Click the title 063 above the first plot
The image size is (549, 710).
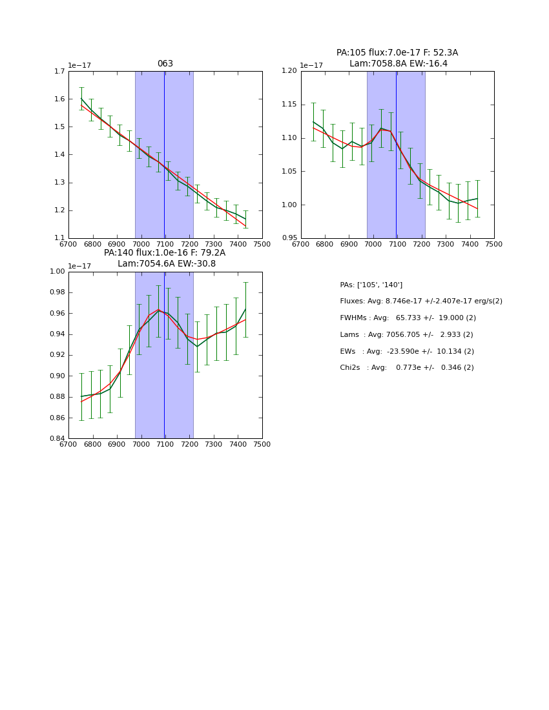[x=165, y=64]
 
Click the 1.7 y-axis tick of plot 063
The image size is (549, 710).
[x=59, y=71]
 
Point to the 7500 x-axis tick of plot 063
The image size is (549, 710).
[x=262, y=244]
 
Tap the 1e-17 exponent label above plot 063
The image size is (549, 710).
[x=79, y=65]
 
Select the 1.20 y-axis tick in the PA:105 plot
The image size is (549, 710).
[x=289, y=71]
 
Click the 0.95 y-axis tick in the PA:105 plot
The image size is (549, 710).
[x=289, y=238]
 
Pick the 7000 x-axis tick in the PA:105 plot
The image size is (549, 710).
[x=373, y=244]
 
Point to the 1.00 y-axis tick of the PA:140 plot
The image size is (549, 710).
[x=57, y=272]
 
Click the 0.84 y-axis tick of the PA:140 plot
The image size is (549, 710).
[x=57, y=439]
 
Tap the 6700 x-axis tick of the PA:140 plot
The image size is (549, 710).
[x=68, y=445]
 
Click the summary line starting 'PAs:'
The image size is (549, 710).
[x=371, y=285]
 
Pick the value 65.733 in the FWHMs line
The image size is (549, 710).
[x=409, y=318]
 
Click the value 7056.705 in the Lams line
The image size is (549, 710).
[x=404, y=335]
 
